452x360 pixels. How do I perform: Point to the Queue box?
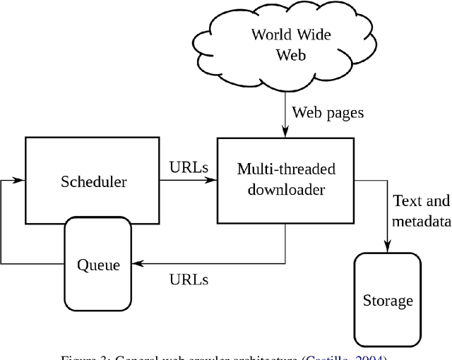point(98,265)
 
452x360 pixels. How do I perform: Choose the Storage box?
point(387,301)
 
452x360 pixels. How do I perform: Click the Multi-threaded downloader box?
point(285,181)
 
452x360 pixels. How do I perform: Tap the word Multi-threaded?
point(285,169)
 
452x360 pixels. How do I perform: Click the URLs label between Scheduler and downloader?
point(189,168)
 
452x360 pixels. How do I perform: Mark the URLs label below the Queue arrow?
point(189,279)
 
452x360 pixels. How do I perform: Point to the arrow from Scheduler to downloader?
point(187,181)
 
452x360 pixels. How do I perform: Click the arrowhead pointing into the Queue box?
point(137,264)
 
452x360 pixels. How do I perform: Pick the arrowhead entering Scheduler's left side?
point(20,181)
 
